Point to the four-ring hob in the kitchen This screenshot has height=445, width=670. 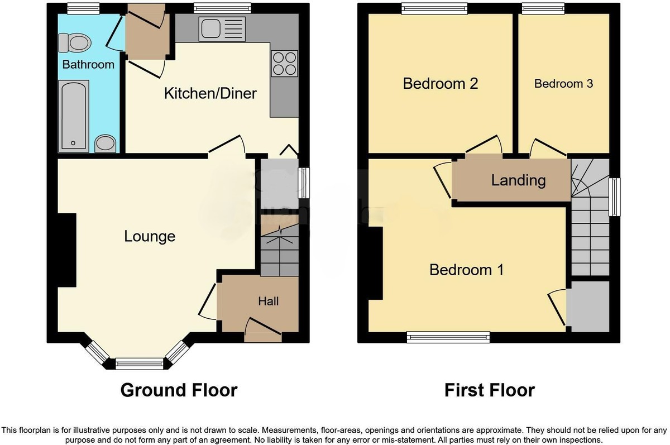tap(284, 63)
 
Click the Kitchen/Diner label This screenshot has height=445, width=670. tap(210, 93)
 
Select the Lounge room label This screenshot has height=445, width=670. tap(150, 236)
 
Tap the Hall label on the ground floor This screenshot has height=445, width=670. tap(268, 302)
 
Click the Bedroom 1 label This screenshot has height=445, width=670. tap(466, 270)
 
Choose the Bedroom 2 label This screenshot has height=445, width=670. tap(441, 84)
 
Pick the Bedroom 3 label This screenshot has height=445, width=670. tap(563, 84)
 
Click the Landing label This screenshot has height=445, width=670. tap(518, 180)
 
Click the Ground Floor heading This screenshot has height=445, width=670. tap(179, 390)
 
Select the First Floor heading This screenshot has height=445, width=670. tap(489, 390)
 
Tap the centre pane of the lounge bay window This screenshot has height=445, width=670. tap(140, 364)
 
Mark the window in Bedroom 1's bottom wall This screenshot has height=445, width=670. tap(448, 336)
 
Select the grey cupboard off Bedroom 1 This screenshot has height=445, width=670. tap(588, 307)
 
